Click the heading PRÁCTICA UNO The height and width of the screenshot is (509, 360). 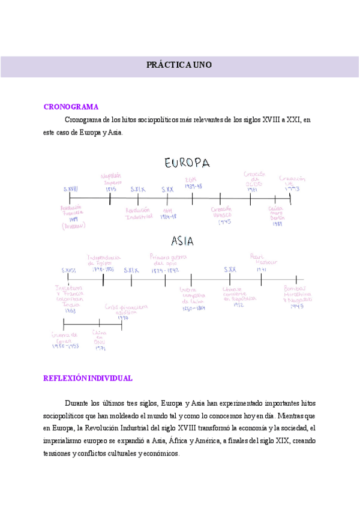179,65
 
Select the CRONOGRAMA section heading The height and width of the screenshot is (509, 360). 71,107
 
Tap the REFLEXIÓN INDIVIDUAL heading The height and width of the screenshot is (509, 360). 88,378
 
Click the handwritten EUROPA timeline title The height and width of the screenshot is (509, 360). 187,163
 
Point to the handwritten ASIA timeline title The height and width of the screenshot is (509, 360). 182,241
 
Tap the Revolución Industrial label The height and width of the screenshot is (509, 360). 139,213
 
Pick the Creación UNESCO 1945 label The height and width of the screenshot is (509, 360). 222,215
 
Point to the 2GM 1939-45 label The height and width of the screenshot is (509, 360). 193,183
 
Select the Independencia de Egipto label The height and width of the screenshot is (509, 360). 104,262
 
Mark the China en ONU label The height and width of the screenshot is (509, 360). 99,340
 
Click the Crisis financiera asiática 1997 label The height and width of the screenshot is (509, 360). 125,311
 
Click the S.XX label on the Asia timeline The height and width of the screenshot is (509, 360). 230,270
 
